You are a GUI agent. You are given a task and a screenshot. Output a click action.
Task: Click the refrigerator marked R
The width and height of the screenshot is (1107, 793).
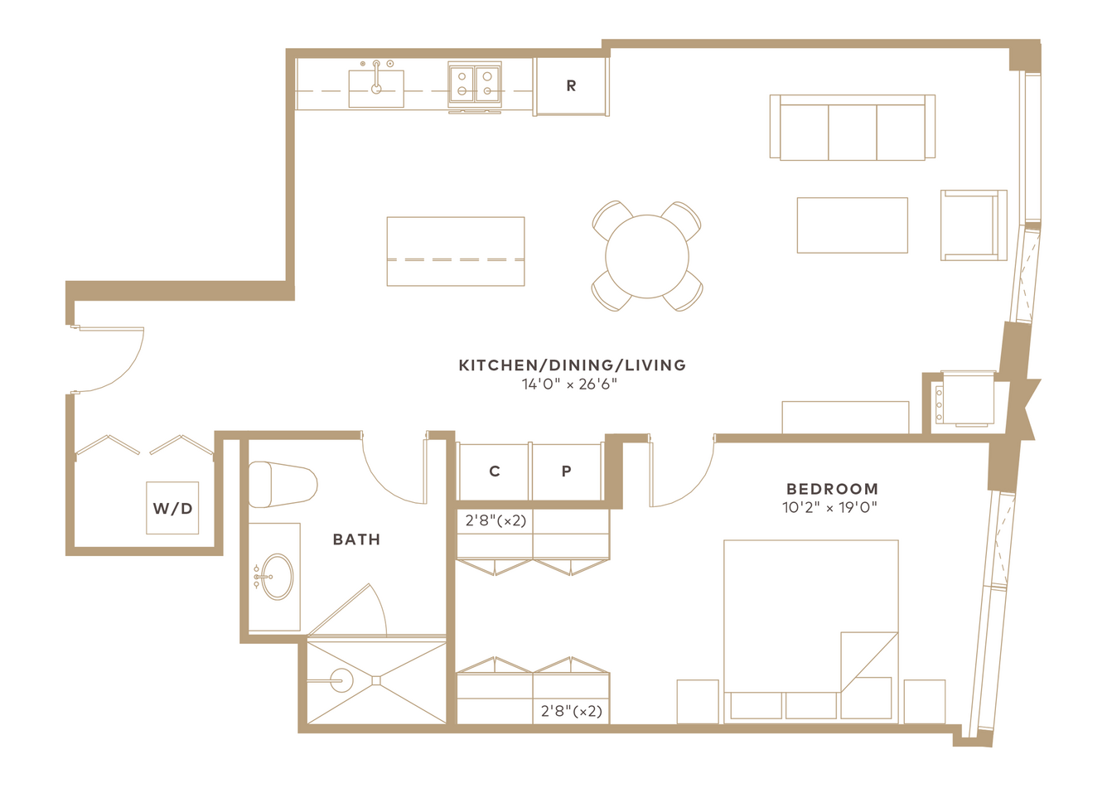[571, 86]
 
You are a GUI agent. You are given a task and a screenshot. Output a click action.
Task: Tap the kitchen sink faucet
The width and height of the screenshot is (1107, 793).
[376, 78]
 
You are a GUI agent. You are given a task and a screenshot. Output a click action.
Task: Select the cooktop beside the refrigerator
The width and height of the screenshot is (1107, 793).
[475, 85]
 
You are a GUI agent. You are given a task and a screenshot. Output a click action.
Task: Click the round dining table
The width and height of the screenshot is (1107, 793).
[647, 256]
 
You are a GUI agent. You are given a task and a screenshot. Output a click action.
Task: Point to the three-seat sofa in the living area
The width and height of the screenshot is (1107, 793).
[853, 127]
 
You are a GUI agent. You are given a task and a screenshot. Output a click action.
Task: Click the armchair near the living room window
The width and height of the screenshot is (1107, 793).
[974, 225]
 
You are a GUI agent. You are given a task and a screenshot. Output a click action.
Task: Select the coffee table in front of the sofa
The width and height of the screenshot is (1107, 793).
[852, 225]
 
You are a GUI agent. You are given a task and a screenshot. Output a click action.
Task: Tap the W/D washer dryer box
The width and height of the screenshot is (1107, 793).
[172, 508]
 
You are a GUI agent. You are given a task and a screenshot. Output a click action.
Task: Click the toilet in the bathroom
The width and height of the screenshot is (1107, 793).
[283, 485]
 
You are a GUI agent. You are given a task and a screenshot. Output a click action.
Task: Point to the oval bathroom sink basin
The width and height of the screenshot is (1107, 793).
[278, 577]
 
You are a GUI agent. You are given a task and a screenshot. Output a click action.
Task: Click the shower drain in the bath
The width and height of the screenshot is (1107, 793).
[376, 681]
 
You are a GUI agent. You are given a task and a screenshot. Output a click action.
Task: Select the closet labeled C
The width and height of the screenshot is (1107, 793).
[494, 471]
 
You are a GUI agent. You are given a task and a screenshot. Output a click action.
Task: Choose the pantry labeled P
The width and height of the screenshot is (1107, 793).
[567, 471]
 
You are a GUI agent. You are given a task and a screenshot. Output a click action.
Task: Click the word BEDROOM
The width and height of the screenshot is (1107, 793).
[832, 489]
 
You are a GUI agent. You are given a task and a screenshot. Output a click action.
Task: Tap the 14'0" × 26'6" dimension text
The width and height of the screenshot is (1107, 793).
[570, 384]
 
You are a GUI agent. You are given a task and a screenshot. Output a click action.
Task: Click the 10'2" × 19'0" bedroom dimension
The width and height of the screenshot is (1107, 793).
[829, 507]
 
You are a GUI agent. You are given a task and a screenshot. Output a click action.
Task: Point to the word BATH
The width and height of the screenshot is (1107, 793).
[356, 539]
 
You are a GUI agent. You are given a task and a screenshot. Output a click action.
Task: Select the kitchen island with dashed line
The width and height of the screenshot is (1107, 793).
[456, 251]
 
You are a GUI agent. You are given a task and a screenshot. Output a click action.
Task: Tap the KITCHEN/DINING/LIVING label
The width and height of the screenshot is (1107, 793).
[573, 365]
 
